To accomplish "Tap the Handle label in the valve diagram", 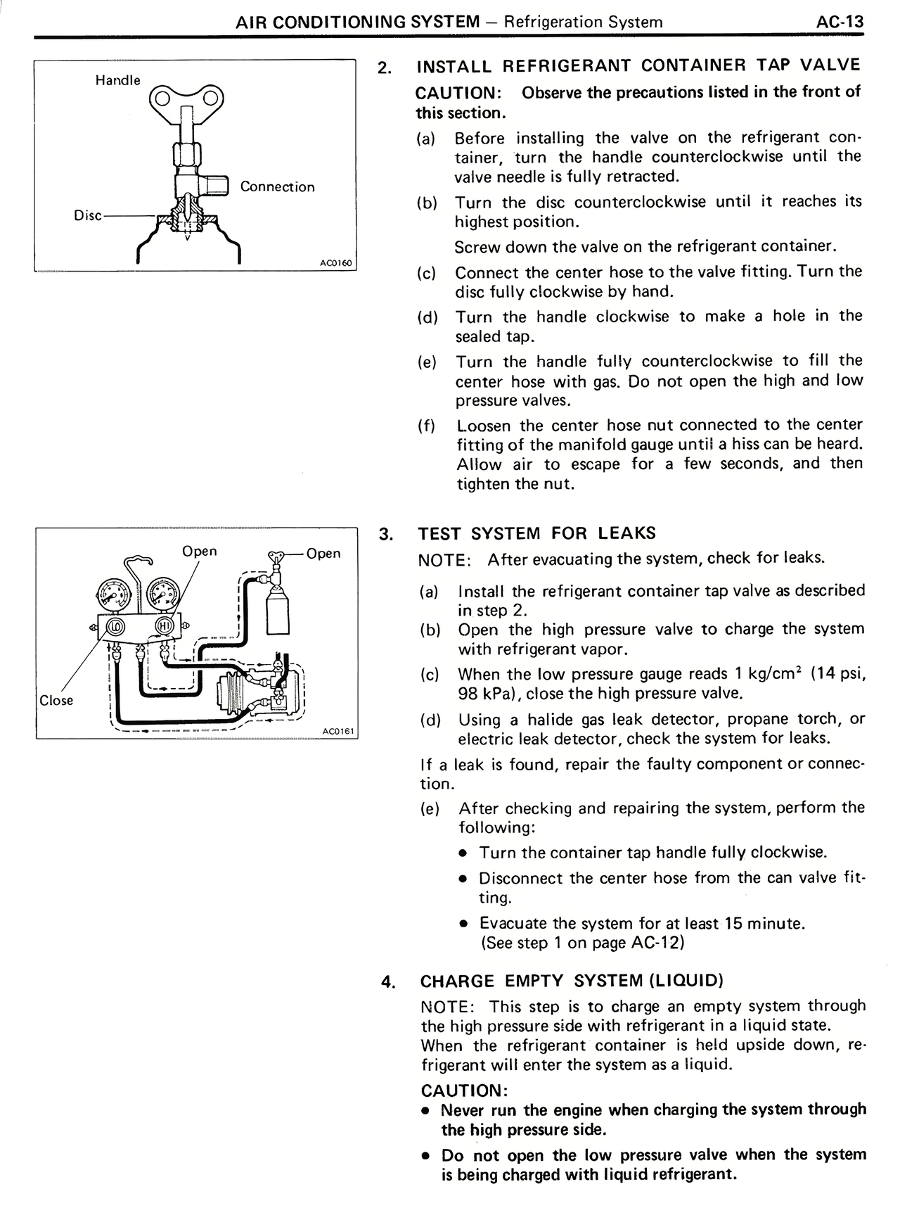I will point(118,80).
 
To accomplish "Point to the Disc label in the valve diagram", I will point(88,215).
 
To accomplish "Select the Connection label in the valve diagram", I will point(277,186).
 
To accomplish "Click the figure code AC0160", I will point(336,263).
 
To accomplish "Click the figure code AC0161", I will point(340,732).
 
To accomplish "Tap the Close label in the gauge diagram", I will point(56,700).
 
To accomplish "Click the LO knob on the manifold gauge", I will point(116,625).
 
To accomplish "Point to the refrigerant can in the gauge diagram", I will point(278,611).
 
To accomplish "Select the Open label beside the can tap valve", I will point(323,553).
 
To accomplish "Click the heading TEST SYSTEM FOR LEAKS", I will point(537,533).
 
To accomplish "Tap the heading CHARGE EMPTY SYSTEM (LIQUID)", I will point(572,981).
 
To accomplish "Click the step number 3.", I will point(385,534).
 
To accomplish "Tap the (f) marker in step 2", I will point(427,426).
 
